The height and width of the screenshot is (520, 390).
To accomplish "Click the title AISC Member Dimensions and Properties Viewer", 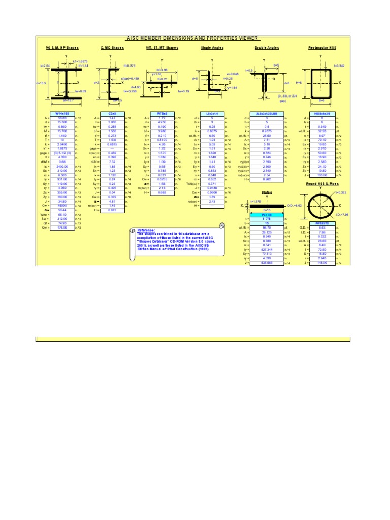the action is tap(192, 38).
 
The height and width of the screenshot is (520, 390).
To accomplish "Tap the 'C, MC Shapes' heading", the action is tap(112, 48).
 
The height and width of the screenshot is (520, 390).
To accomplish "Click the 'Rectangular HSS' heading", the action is tap(322, 48).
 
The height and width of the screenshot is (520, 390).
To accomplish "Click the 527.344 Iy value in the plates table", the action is tap(267, 250).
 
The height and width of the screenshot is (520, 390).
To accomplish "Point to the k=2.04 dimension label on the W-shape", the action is tap(46, 66).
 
